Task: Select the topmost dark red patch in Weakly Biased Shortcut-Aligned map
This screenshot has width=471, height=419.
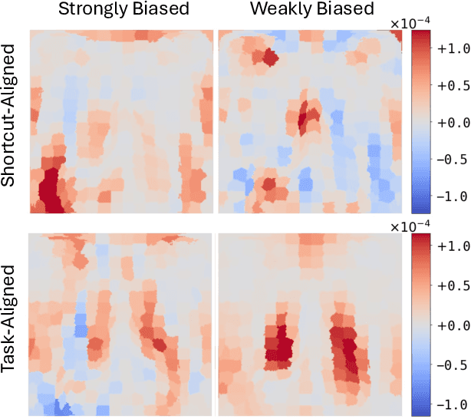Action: [x=269, y=56]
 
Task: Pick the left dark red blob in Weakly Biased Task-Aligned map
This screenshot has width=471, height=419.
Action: [x=280, y=343]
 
